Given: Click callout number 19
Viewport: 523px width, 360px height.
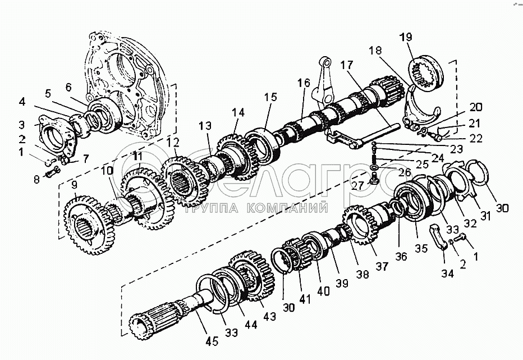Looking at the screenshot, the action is [406, 37].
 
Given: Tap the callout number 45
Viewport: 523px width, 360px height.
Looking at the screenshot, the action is [212, 341].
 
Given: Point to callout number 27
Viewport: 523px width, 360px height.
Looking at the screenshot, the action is [357, 185].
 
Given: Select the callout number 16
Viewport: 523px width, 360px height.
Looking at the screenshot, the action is [304, 83].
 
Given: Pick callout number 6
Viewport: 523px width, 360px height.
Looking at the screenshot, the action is [68, 87].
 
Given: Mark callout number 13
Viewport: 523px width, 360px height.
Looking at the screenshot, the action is [205, 126].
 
